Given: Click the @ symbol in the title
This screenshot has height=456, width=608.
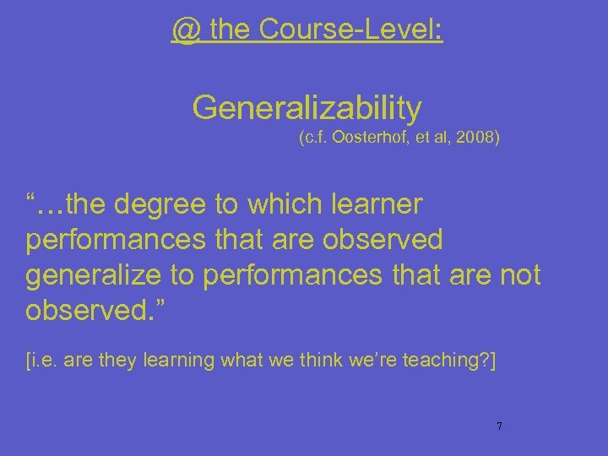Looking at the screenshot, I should coord(185,30).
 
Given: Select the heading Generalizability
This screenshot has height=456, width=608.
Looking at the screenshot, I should coord(307,107).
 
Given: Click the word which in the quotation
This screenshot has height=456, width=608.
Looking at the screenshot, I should coord(277,204).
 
